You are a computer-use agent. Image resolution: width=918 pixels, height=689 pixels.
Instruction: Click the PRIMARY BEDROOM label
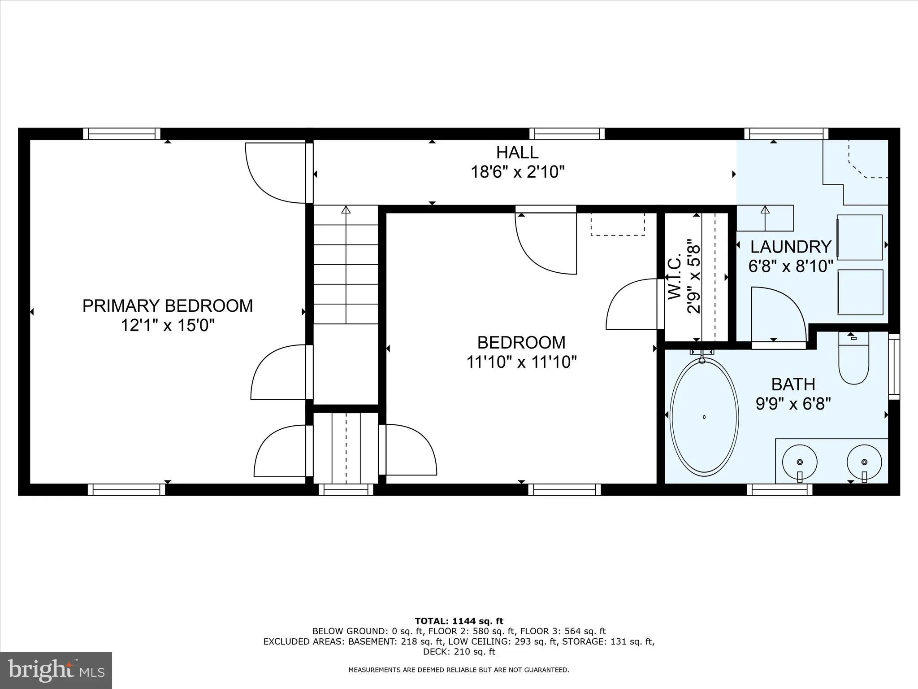click(168, 305)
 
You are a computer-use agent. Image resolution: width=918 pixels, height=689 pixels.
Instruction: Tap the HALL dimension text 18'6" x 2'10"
click(517, 172)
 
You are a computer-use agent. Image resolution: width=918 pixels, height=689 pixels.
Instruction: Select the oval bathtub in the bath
click(704, 417)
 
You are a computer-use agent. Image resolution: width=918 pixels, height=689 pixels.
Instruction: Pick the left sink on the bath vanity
click(800, 462)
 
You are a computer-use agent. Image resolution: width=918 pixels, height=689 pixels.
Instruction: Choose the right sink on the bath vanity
click(864, 462)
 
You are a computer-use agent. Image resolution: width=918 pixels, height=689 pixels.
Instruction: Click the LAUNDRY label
click(791, 247)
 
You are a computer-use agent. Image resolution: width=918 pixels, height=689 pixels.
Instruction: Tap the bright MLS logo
click(56, 670)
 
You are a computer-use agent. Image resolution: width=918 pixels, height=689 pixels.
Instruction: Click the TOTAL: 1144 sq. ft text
click(459, 621)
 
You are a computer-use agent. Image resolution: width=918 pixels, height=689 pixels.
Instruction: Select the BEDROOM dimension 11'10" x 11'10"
click(521, 362)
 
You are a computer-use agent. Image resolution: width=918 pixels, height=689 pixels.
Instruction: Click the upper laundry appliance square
click(860, 237)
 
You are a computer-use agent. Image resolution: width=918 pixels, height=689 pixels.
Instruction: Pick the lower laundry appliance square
click(860, 292)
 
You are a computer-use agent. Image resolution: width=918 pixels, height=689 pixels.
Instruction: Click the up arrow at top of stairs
click(346, 209)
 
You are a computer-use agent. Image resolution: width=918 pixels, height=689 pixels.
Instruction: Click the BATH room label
click(793, 384)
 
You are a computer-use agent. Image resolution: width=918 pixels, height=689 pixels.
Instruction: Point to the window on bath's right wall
click(894, 366)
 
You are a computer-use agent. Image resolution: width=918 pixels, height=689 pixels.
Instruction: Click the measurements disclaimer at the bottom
click(459, 670)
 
